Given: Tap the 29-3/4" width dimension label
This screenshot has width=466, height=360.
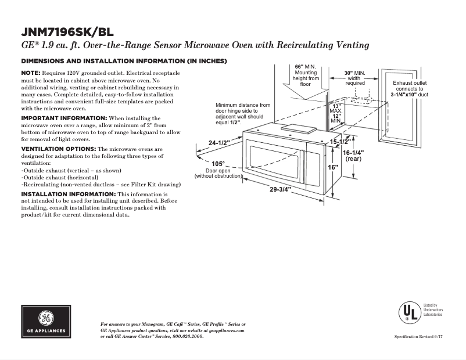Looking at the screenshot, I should point(281,189).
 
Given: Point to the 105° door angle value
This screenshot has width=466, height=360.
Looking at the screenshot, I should point(218,164).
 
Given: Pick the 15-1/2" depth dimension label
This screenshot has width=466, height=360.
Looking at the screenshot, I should point(340,142).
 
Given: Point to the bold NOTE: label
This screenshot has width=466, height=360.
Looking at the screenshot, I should point(31,73).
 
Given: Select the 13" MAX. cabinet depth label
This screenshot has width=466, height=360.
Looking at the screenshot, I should point(336,107).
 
